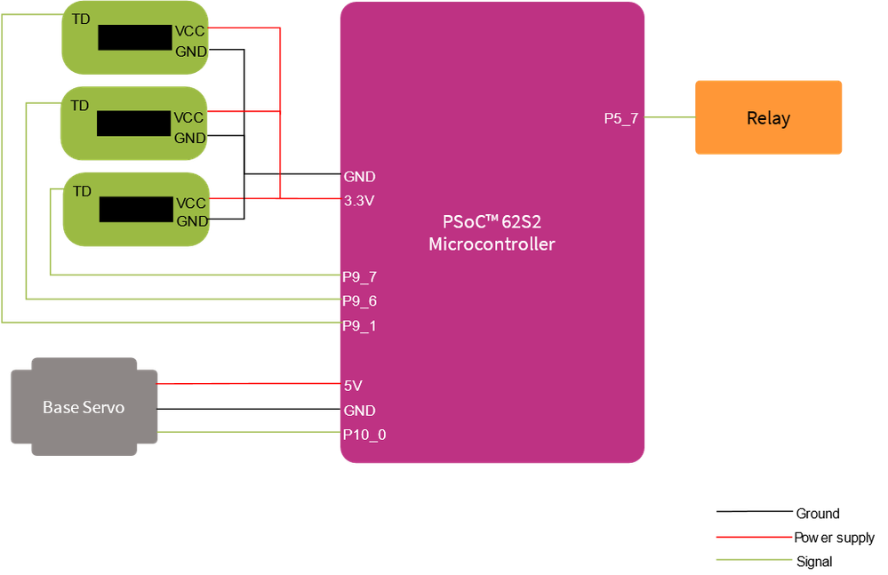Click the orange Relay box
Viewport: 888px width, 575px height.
[768, 118]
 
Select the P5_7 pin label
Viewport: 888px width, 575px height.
[620, 118]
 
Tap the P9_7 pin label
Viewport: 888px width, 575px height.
[360, 276]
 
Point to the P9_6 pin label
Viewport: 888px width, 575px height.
[360, 301]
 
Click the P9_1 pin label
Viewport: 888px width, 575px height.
[360, 326]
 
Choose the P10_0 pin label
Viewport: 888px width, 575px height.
[364, 435]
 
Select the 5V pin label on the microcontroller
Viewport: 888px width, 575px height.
[353, 386]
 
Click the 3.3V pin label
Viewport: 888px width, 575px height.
[359, 201]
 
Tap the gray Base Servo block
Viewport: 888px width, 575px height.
[84, 407]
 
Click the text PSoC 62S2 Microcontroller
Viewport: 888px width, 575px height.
[492, 233]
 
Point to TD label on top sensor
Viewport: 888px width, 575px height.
[80, 18]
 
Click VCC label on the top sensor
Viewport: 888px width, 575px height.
[188, 31]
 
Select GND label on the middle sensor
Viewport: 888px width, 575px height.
[189, 138]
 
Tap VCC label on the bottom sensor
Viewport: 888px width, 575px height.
[191, 203]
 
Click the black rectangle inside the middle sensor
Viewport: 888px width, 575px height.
[133, 124]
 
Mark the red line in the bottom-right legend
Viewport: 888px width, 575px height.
[754, 537]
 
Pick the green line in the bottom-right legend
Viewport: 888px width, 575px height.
[754, 559]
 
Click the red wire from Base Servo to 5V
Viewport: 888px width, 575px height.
[249, 384]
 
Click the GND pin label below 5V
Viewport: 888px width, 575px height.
[359, 411]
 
